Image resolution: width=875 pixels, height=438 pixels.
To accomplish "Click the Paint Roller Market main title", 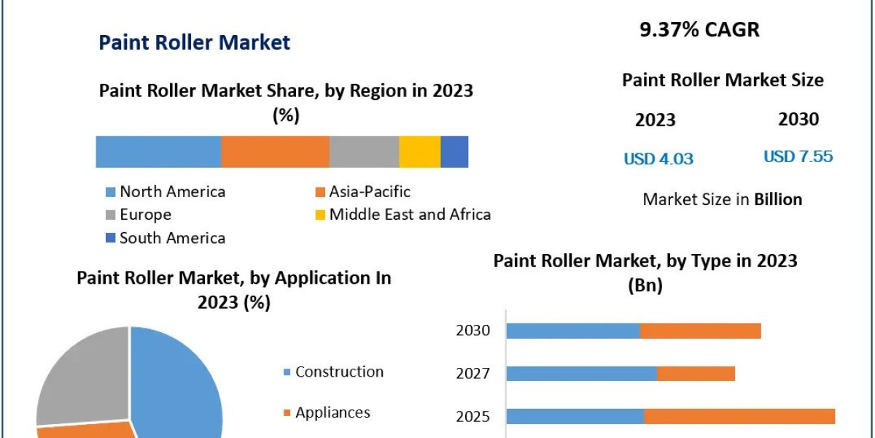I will tap(194, 42).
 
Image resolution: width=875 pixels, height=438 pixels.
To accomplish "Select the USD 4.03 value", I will tap(658, 158).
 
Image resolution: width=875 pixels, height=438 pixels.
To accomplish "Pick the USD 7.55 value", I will tap(798, 156).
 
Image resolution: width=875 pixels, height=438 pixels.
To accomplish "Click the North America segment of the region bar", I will tap(158, 152).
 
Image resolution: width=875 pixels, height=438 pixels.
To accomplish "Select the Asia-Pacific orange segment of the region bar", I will tap(275, 152).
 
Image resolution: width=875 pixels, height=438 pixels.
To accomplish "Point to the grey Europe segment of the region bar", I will tap(364, 152).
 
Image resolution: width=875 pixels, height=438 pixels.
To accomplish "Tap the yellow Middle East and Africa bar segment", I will tap(419, 152).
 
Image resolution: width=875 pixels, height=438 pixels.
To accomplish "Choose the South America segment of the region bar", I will tap(454, 152).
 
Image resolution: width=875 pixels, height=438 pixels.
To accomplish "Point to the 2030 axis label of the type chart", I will tap(473, 331).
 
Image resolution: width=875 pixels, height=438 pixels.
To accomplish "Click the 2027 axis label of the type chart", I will tap(473, 374).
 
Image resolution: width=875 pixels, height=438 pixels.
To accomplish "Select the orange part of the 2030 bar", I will tap(700, 331).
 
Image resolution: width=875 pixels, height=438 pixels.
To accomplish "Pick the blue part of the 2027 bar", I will tap(581, 374).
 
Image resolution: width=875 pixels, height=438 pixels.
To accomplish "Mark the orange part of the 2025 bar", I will tap(739, 416).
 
